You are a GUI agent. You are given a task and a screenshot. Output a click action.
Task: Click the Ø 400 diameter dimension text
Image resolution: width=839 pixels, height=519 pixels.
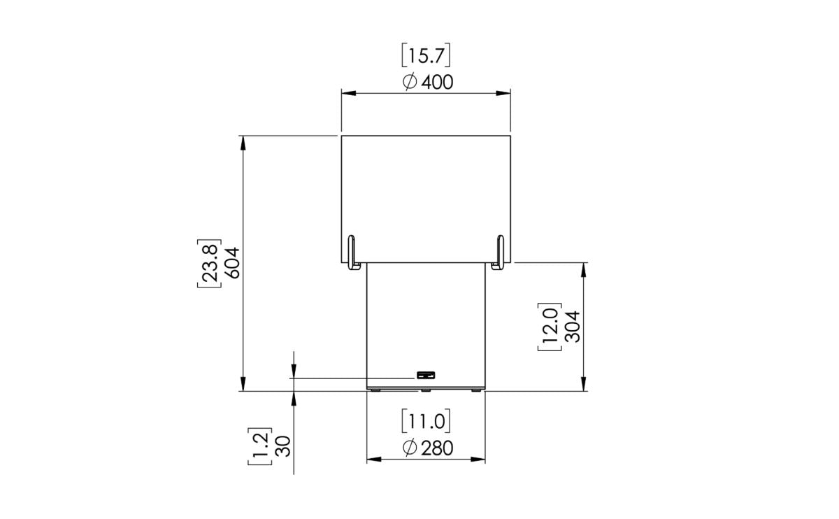click(x=428, y=82)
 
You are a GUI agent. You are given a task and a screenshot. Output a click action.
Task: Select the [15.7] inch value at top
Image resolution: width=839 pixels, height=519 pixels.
click(x=426, y=55)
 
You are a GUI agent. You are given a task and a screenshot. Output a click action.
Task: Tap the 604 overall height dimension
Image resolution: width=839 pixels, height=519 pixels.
click(x=232, y=262)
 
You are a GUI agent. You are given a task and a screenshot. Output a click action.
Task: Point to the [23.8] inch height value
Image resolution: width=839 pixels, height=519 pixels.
click(x=210, y=262)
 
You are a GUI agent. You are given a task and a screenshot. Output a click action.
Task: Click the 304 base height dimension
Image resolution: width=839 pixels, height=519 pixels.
click(x=572, y=326)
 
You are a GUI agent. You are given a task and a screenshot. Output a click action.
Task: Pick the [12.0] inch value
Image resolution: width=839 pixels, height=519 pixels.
click(x=549, y=326)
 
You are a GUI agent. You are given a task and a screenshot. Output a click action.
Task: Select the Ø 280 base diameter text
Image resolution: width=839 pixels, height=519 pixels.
click(x=428, y=448)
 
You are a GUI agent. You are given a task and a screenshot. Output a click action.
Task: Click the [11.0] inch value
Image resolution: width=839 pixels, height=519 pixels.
click(x=426, y=421)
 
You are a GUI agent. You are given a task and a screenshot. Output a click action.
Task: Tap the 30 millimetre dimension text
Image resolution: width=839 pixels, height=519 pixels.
click(x=283, y=446)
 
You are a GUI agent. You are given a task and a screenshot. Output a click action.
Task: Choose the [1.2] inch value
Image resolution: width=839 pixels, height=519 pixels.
click(x=260, y=446)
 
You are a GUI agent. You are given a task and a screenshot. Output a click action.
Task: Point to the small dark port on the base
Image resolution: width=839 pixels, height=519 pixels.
click(x=425, y=375)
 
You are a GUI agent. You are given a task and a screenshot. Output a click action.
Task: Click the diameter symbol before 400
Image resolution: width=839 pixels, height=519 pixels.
click(x=410, y=82)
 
